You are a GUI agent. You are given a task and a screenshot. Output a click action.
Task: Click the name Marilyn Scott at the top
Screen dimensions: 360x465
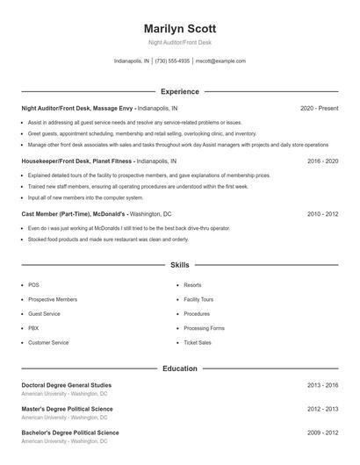coord(180,28)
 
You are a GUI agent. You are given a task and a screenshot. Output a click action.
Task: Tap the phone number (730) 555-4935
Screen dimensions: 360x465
coord(173,61)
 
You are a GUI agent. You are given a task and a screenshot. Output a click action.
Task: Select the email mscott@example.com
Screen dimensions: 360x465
coord(220,61)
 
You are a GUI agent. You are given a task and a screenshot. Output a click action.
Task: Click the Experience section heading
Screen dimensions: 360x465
coord(180,91)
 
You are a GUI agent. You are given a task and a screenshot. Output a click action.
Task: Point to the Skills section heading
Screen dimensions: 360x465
coord(180,264)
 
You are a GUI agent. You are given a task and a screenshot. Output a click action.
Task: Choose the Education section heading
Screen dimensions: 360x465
coord(180,368)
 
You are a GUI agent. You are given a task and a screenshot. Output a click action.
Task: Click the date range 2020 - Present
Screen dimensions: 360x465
coord(319,108)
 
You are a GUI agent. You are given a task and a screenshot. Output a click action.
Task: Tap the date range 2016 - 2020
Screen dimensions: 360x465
coord(322,161)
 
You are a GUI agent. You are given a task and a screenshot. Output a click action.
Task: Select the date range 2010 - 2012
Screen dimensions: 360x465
coord(322,214)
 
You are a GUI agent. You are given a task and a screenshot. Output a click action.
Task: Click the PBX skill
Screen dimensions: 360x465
coord(33,328)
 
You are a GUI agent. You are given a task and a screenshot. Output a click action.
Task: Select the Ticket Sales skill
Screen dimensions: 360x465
coord(198,342)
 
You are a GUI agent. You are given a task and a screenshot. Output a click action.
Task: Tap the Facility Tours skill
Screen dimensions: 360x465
coord(198,299)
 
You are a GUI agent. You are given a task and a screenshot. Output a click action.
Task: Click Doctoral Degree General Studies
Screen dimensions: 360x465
coord(67,385)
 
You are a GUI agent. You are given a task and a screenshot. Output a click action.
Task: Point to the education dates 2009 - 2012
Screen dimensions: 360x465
coord(322,433)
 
